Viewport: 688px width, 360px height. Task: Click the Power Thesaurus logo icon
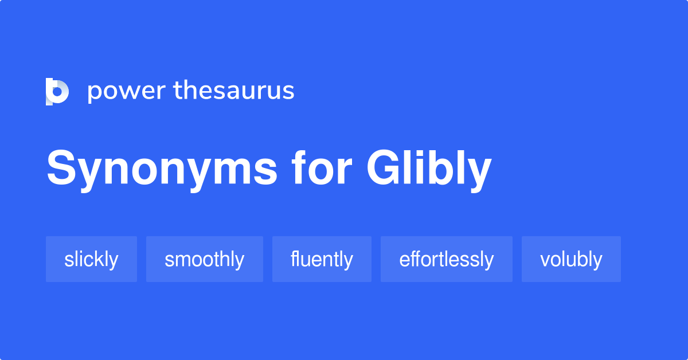(x=57, y=91)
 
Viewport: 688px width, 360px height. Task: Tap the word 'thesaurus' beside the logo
(x=234, y=91)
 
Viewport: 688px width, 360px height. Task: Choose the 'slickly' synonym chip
(x=91, y=259)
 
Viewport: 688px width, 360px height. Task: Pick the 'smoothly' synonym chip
(x=204, y=259)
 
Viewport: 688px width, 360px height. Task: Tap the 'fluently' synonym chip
(x=322, y=259)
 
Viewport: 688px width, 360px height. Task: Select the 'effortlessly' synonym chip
(x=446, y=259)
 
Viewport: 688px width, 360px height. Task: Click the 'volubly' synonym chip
(x=571, y=259)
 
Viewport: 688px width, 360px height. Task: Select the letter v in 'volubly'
(x=545, y=260)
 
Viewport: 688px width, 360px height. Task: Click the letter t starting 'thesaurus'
(x=177, y=91)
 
